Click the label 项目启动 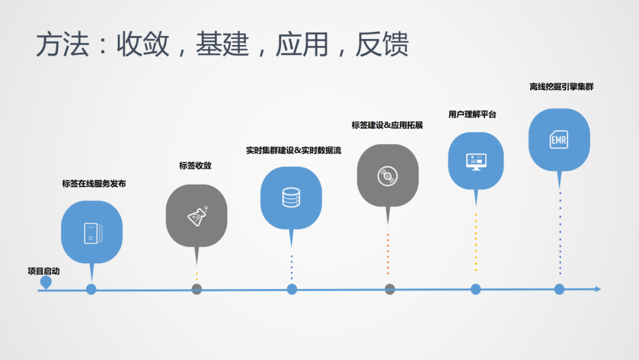click(44, 271)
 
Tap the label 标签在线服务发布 click(94, 184)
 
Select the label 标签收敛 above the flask click(195, 166)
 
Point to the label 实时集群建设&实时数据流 click(293, 150)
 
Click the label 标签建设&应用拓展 click(387, 125)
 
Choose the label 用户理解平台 click(472, 114)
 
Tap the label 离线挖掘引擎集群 click(561, 86)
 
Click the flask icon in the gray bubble click(197, 216)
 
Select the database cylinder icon click(291, 197)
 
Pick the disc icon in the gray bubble click(388, 175)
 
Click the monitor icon click(476, 161)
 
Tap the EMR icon click(559, 140)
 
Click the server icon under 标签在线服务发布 click(92, 232)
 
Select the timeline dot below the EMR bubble click(559, 289)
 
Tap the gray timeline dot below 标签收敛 click(197, 289)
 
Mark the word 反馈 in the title click(382, 45)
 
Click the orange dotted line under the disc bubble click(388, 253)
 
